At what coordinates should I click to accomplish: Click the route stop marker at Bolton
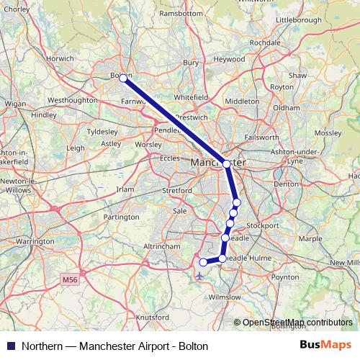click(124, 77)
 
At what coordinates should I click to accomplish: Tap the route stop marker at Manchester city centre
click(227, 164)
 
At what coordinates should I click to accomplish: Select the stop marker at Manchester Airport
click(203, 262)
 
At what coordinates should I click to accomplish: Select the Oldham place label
click(286, 107)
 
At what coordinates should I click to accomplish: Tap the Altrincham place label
click(161, 246)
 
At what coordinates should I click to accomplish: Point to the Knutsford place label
click(151, 317)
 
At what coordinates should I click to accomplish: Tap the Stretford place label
click(177, 191)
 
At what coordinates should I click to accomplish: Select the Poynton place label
click(285, 276)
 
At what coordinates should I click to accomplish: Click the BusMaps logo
click(325, 345)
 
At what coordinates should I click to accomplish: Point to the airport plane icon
click(199, 274)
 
